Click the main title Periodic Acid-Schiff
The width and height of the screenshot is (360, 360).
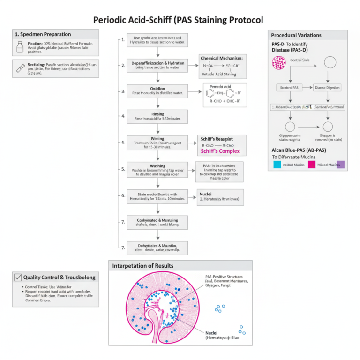click(x=178, y=20)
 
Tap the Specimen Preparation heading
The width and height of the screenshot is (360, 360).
click(x=43, y=34)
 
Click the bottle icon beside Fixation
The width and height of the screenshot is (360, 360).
click(x=20, y=46)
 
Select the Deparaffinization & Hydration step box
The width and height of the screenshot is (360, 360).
click(x=157, y=65)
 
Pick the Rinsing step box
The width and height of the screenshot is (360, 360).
click(x=157, y=115)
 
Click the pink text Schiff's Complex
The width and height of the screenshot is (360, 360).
click(x=220, y=151)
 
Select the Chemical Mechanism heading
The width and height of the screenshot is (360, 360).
click(x=222, y=58)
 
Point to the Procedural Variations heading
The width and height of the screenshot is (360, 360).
click(x=296, y=35)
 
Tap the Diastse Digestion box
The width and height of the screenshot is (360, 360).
click(x=327, y=88)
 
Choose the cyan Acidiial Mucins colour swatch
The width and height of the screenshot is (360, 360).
click(x=277, y=165)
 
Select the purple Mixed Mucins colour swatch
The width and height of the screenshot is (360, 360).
click(x=340, y=165)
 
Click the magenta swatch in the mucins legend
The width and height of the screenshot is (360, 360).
click(x=311, y=165)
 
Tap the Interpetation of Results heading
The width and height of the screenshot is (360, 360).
click(x=142, y=266)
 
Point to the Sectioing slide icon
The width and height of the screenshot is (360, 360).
click(x=20, y=68)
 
